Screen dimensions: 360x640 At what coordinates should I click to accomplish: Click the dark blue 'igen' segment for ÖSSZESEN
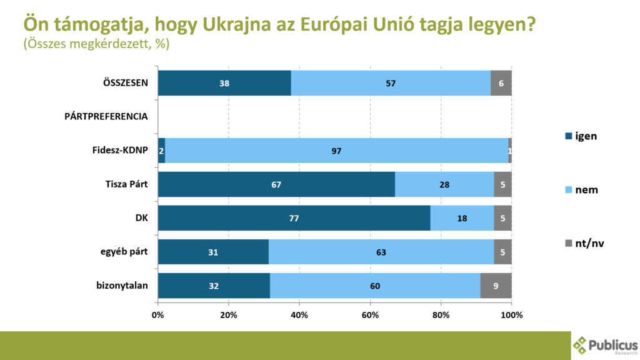(224, 83)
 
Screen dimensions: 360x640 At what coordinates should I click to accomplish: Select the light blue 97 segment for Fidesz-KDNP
(336, 151)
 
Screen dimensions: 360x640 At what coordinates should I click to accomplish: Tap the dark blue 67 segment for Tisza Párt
(276, 184)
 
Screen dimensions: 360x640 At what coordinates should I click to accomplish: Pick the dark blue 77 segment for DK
(294, 218)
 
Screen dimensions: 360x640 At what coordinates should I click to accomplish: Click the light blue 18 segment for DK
(462, 218)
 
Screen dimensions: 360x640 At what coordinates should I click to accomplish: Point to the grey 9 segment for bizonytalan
(496, 286)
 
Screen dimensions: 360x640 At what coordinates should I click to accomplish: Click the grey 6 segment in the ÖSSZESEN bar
(501, 83)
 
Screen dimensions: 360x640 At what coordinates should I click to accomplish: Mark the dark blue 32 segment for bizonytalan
(214, 286)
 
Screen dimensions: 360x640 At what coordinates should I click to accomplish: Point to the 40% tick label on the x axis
(299, 315)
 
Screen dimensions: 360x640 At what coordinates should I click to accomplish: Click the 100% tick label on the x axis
(511, 315)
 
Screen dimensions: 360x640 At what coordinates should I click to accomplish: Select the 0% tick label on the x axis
(158, 315)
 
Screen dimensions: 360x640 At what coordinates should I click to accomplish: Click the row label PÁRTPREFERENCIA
(106, 117)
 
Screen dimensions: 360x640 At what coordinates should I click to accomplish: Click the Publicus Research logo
(605, 346)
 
